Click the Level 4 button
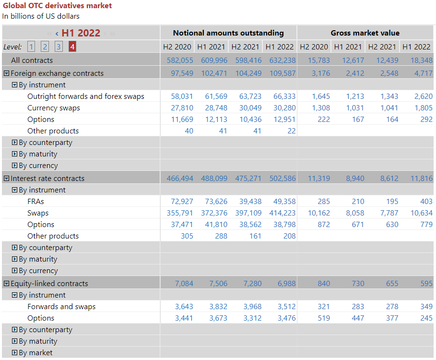click(x=72, y=47)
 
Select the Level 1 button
click(x=31, y=47)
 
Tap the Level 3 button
click(x=59, y=47)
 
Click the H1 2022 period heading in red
click(x=81, y=33)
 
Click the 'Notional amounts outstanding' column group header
click(x=228, y=33)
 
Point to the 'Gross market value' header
click(x=365, y=33)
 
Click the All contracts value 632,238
click(x=280, y=60)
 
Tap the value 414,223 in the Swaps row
click(x=280, y=213)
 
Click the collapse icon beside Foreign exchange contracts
click(x=6, y=73)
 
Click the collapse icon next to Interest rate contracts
click(x=6, y=179)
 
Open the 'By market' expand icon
click(x=14, y=353)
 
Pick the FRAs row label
click(x=36, y=202)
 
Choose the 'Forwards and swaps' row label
click(x=61, y=307)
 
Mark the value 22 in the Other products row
click(x=292, y=131)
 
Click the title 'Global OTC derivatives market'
click(x=57, y=6)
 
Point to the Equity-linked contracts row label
click(x=49, y=284)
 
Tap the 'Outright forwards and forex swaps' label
click(x=86, y=96)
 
